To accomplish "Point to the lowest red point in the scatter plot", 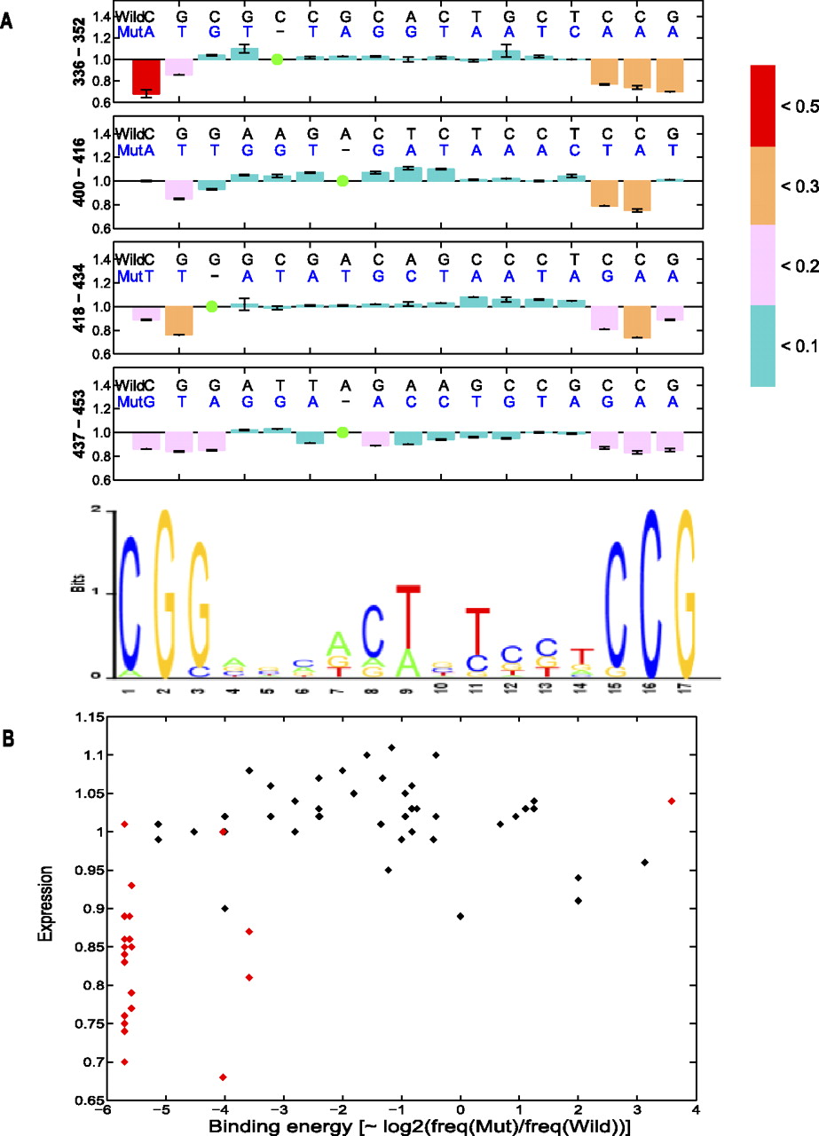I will (x=223, y=1077).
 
